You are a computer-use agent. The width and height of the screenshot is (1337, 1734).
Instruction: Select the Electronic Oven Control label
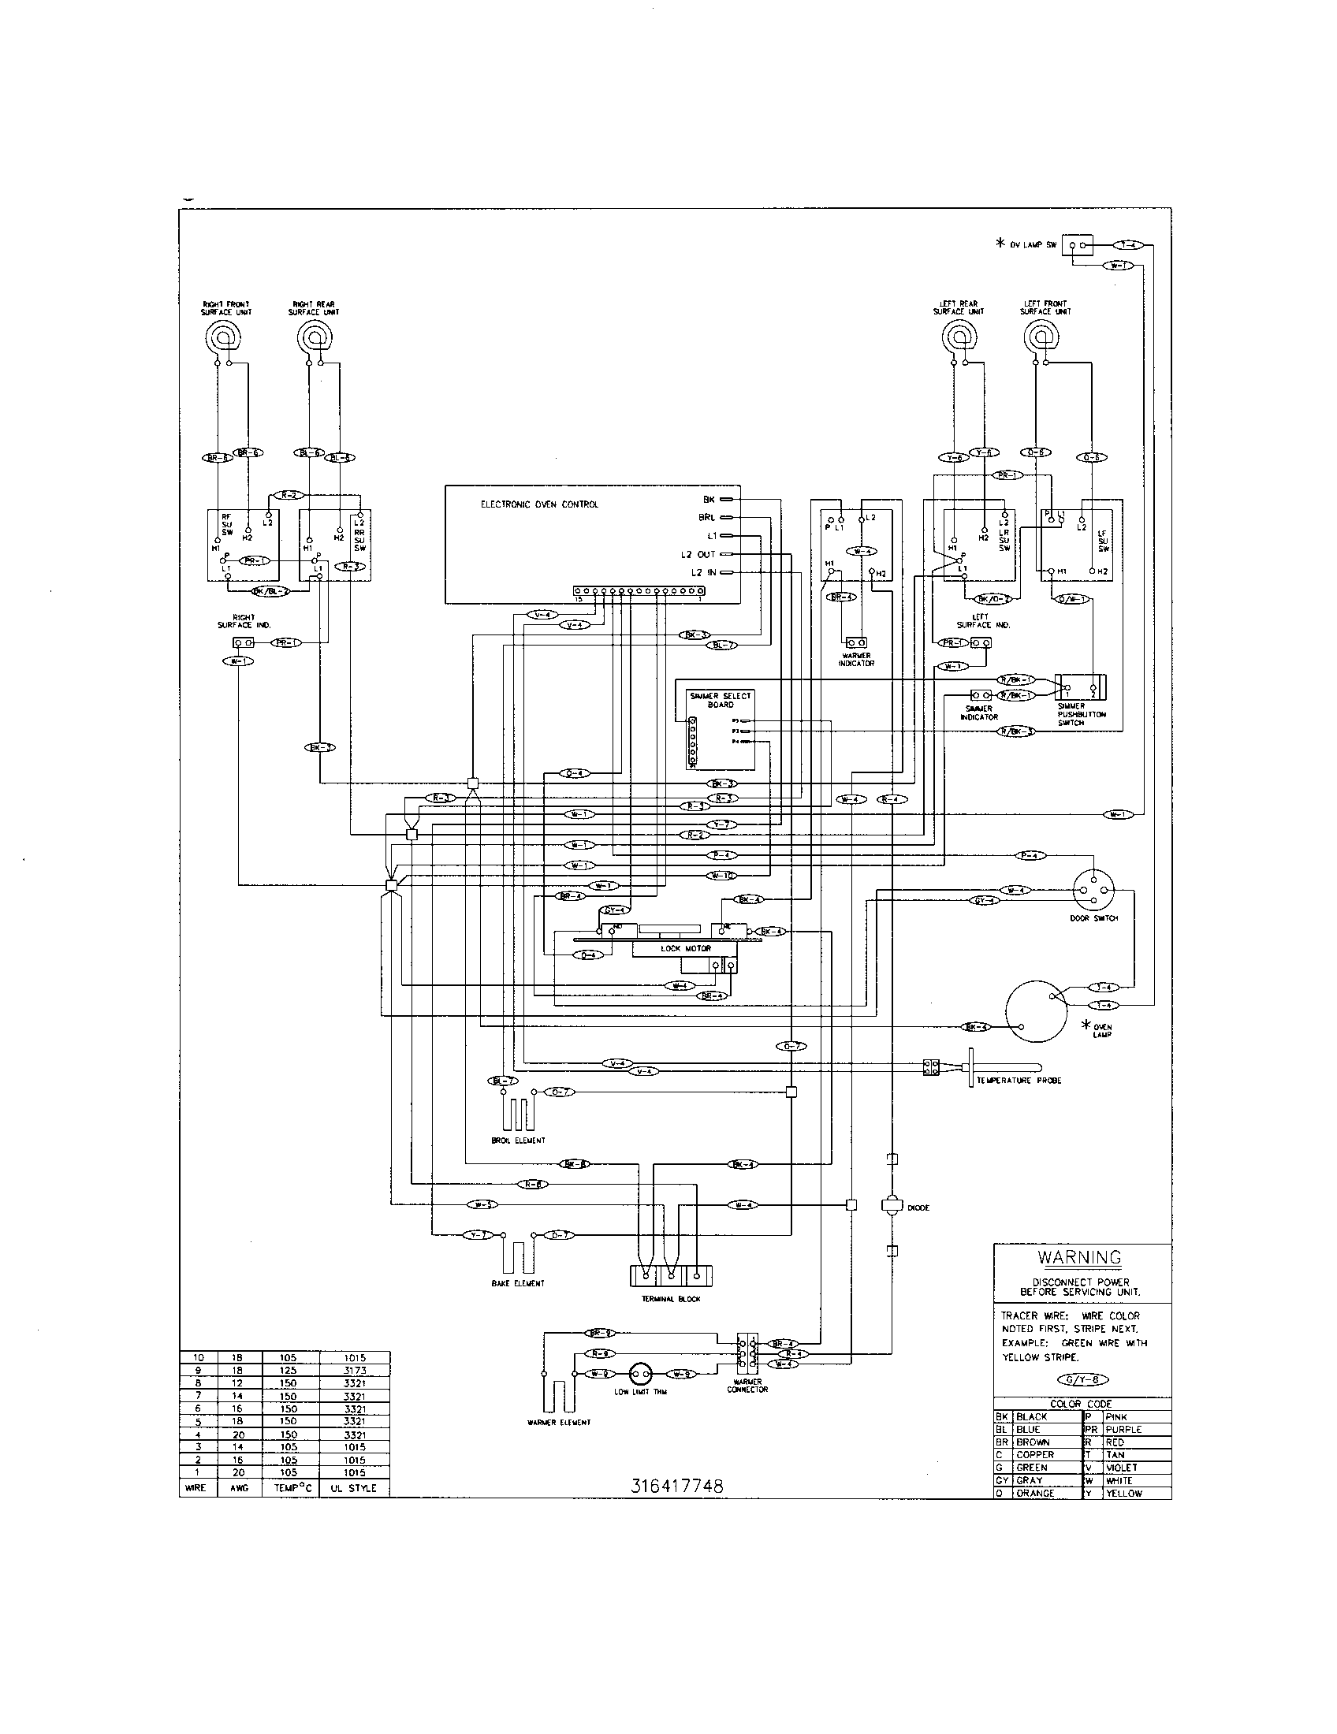click(x=539, y=504)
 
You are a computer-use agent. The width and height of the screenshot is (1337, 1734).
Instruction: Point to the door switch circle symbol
click(x=1093, y=887)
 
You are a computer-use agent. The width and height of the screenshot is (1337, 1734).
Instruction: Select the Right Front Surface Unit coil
click(x=225, y=340)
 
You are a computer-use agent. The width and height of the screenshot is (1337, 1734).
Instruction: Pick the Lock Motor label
click(x=686, y=949)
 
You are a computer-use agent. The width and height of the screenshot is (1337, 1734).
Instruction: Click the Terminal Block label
click(x=672, y=1300)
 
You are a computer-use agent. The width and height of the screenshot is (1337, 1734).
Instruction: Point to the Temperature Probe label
click(x=1019, y=1081)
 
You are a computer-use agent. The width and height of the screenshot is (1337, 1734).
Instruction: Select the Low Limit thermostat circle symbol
click(x=640, y=1373)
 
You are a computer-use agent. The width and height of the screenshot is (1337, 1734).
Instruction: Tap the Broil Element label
click(x=519, y=1141)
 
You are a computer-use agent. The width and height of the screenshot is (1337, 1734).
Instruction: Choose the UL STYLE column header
click(x=353, y=1489)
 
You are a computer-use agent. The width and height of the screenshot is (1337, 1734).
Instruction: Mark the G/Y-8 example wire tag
click(x=1082, y=1380)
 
